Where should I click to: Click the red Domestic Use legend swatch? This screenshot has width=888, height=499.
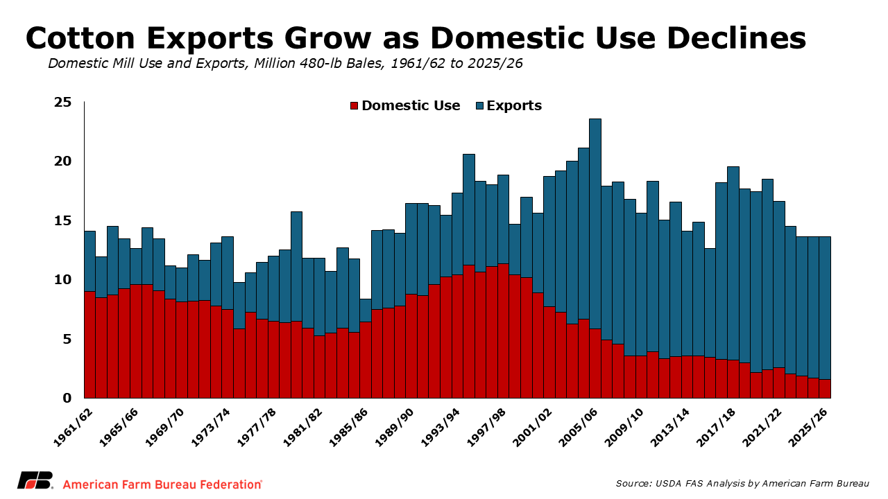point(354,106)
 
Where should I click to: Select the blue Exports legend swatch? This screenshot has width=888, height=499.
point(479,106)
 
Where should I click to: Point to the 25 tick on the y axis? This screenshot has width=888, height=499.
point(63,103)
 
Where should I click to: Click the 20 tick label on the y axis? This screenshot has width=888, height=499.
point(63,161)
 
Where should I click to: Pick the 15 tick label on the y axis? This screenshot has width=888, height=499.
point(63,221)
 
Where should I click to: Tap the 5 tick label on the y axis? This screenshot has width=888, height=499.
point(67,340)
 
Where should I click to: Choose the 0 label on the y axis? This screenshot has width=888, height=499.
point(67,399)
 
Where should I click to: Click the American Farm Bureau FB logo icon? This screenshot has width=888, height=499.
point(34,481)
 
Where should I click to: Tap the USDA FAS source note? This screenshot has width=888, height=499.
point(742,483)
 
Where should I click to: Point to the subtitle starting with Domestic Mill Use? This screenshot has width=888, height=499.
point(285,64)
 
